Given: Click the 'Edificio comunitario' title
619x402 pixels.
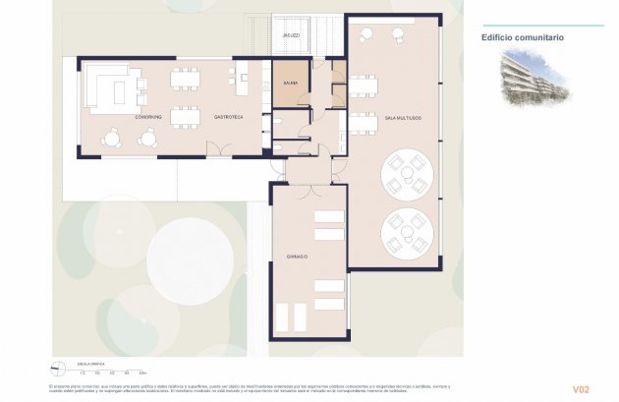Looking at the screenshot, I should tap(522, 37).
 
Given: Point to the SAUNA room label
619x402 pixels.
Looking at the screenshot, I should tap(291, 84).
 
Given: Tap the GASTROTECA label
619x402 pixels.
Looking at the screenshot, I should tap(229, 117).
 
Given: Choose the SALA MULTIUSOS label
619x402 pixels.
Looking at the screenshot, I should tap(403, 117).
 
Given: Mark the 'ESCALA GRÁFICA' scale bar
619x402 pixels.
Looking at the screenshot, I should tap(113, 371).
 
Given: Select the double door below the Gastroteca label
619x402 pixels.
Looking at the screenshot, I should tap(216, 149).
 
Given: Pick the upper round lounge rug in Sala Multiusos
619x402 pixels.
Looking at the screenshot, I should tap(406, 173).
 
